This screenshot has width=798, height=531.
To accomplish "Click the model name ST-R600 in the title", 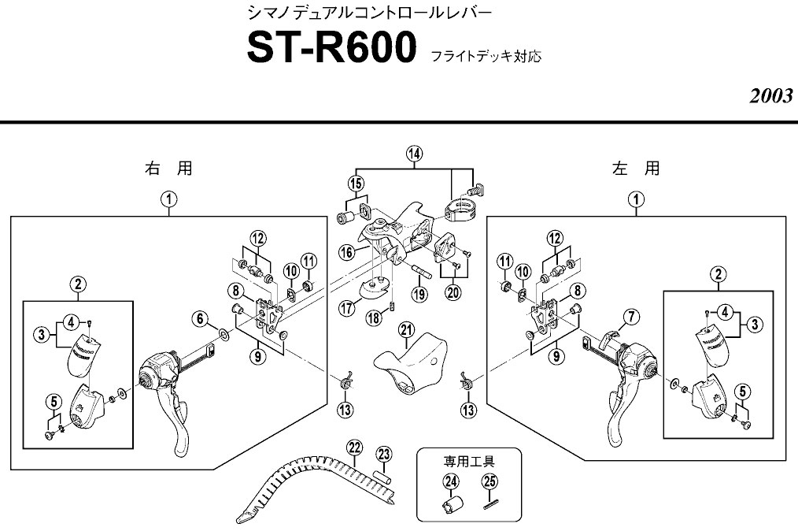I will coord(331,49).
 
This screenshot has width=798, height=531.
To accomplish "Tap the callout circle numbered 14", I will coord(415,154).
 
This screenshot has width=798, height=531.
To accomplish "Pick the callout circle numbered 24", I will coord(450,481).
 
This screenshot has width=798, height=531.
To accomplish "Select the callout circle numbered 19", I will coord(421,295).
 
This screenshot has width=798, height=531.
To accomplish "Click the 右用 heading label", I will coord(168,169).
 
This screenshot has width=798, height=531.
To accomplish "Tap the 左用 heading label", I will coord(636,169).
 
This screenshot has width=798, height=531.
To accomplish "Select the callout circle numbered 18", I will coord(375,317).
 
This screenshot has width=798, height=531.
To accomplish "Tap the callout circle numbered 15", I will coord(356,184).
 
